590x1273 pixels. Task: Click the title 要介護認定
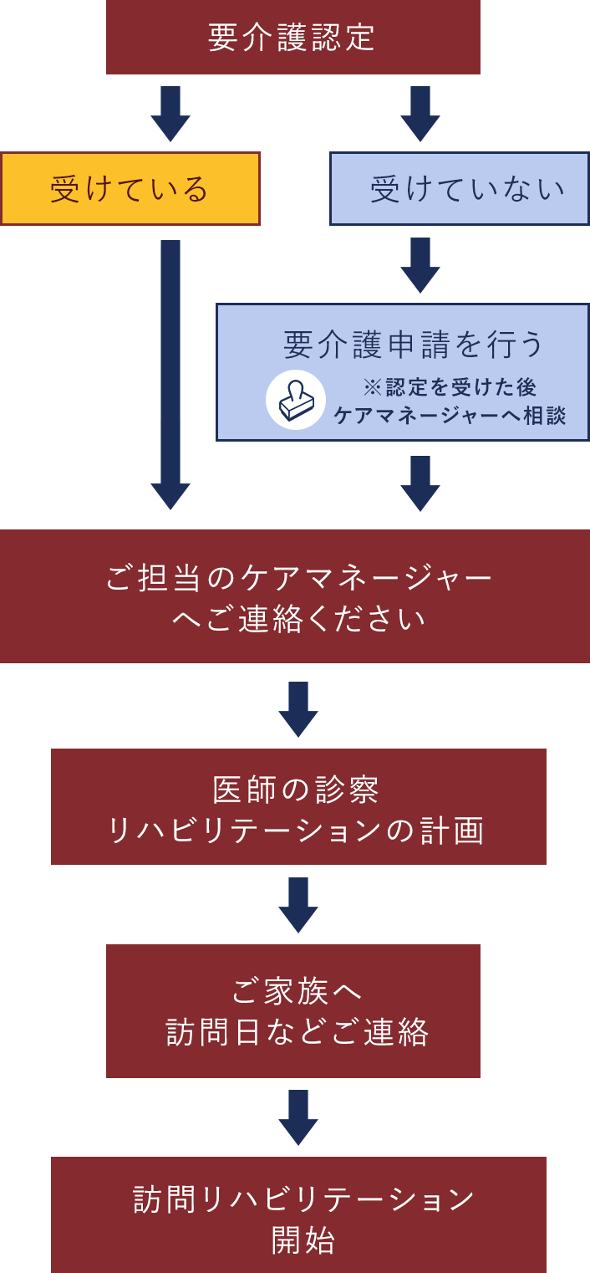[292, 38]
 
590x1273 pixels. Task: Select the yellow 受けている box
[130, 189]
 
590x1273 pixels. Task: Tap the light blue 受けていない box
[460, 189]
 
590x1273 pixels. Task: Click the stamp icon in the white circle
[296, 400]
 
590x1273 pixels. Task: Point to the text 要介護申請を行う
[414, 344]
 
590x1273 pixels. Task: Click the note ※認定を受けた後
[450, 387]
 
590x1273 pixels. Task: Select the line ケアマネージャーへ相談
[450, 415]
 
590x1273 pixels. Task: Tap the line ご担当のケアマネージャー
[298, 578]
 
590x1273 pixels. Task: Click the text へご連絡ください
[298, 620]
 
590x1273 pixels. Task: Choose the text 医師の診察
[296, 790]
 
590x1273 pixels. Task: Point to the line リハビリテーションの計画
[296, 831]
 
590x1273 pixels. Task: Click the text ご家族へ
[297, 991]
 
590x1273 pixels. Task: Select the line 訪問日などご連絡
[297, 1032]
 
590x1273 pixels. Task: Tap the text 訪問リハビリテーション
[303, 1199]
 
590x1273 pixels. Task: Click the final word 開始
[303, 1240]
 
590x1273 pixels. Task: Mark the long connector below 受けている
[170, 375]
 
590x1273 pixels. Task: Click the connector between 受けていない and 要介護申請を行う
[420, 265]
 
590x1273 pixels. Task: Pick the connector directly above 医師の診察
[298, 709]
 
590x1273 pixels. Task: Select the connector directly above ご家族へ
[298, 905]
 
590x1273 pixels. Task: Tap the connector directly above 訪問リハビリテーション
[298, 1117]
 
